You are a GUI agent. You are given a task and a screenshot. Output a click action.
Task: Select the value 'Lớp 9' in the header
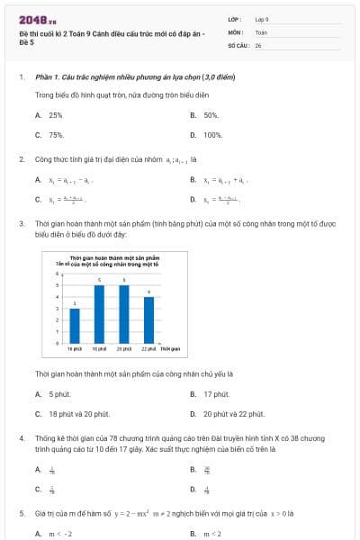[262, 18]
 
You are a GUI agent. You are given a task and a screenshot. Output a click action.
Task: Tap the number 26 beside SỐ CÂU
[258, 43]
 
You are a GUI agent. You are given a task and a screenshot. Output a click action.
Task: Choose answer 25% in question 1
[56, 115]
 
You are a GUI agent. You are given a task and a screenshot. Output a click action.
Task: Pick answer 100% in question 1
[212, 135]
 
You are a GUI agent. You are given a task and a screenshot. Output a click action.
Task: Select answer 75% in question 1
[56, 135]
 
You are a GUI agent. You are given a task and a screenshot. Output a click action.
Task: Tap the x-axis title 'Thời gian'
[171, 347]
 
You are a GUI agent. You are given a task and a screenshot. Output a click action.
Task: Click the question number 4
[21, 438]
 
